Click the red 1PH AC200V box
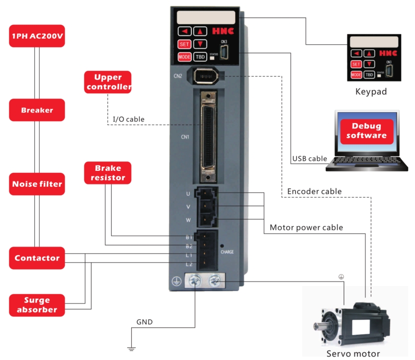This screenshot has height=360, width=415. click(37, 36)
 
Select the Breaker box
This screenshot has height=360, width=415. click(37, 110)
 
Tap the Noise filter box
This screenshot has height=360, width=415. click(37, 184)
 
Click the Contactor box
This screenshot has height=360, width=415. click(37, 258)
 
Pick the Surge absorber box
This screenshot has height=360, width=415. click(37, 305)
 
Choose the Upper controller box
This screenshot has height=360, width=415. click(108, 82)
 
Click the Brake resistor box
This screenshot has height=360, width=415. click(108, 173)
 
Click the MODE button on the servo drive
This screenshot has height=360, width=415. click(184, 57)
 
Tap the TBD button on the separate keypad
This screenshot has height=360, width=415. click(369, 75)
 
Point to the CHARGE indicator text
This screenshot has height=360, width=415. click(227, 252)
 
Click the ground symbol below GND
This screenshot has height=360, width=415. click(131, 349)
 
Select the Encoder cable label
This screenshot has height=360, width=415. click(315, 191)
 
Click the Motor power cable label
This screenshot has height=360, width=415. click(306, 227)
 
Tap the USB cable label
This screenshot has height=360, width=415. click(310, 158)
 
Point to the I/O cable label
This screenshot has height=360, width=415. click(129, 119)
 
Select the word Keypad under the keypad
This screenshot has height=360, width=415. click(371, 92)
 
